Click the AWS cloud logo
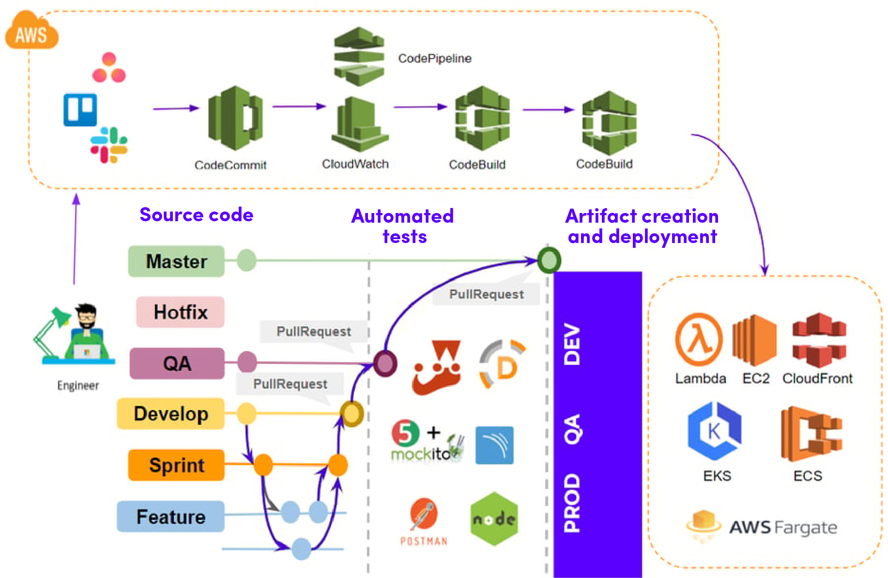pyautogui.click(x=31, y=32)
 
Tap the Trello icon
pyautogui.click(x=80, y=109)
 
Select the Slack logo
pyautogui.click(x=109, y=145)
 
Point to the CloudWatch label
pyautogui.click(x=355, y=164)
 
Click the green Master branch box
pyautogui.click(x=176, y=261)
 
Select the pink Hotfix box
pyautogui.click(x=180, y=312)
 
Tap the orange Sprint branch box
pyautogui.click(x=176, y=465)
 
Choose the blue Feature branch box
pyautogui.click(x=170, y=517)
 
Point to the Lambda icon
pyautogui.click(x=699, y=339)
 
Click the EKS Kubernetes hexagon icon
pyautogui.click(x=715, y=430)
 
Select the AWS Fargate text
pyautogui.click(x=783, y=527)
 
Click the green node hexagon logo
pyautogui.click(x=494, y=519)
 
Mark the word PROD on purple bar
pyautogui.click(x=572, y=503)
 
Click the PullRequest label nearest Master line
pyautogui.click(x=486, y=294)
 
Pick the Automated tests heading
pyautogui.click(x=403, y=226)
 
